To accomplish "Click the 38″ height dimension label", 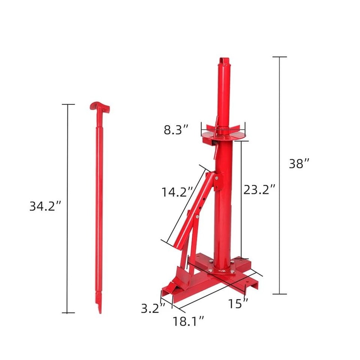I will (299, 164).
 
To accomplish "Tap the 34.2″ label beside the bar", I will (45, 207).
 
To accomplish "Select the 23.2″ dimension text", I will (259, 190).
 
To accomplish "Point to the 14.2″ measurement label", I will (177, 193).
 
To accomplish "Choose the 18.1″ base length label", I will (189, 321).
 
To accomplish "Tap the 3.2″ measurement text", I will (150, 308).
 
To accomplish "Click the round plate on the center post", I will (224, 134).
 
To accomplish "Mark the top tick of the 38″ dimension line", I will (280, 57).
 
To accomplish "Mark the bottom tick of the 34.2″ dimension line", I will (68, 313).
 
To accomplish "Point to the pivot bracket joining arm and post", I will (217, 180).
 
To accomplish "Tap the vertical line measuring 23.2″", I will (242, 198).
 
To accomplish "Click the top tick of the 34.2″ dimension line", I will (68, 104).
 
